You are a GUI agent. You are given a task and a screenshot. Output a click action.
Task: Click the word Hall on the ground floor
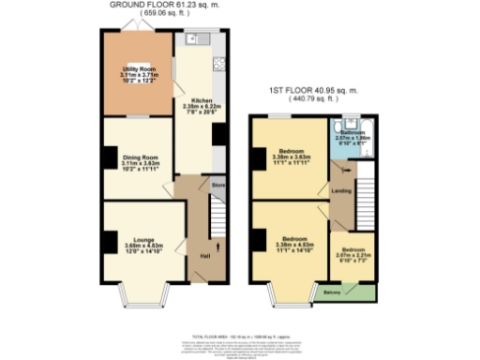204,255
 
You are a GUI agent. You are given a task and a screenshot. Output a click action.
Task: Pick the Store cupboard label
217,185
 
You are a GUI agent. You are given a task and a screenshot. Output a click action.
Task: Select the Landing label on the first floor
342,193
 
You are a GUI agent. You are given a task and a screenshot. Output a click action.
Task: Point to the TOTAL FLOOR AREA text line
240,335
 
